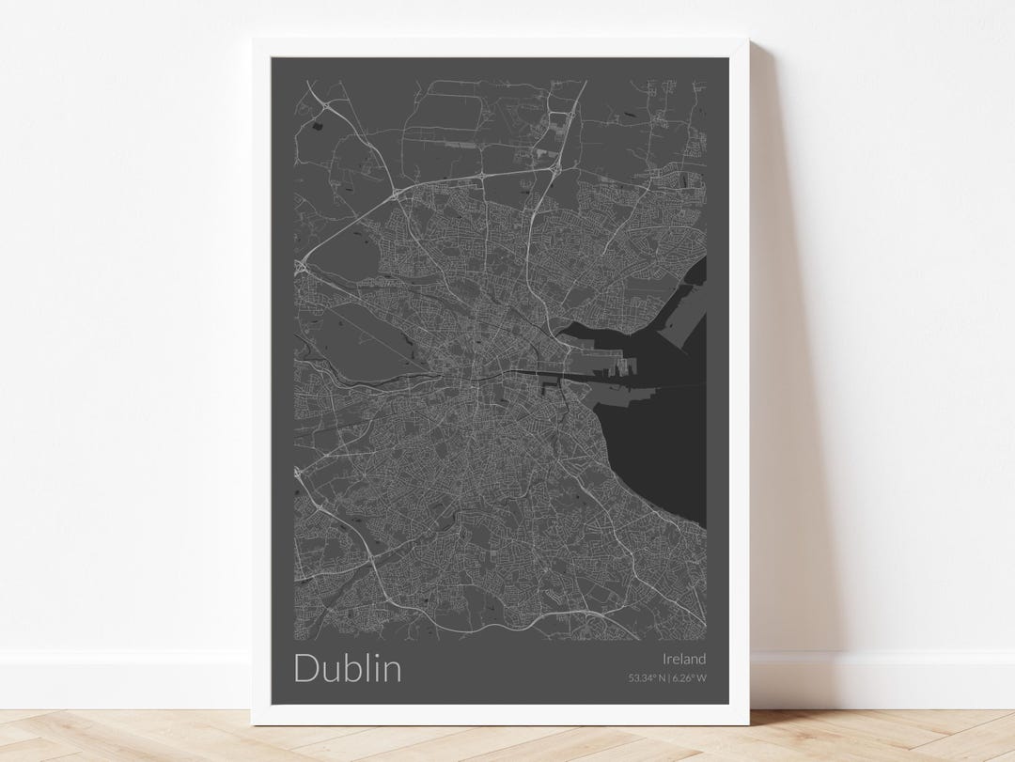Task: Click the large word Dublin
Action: point(347,668)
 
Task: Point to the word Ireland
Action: point(683,659)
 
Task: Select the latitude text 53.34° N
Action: point(648,677)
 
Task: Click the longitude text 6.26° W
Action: point(689,677)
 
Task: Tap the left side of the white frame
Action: point(260,376)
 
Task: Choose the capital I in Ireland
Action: point(664,659)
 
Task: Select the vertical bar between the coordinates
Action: point(669,677)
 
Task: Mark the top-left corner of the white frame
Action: point(253,39)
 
